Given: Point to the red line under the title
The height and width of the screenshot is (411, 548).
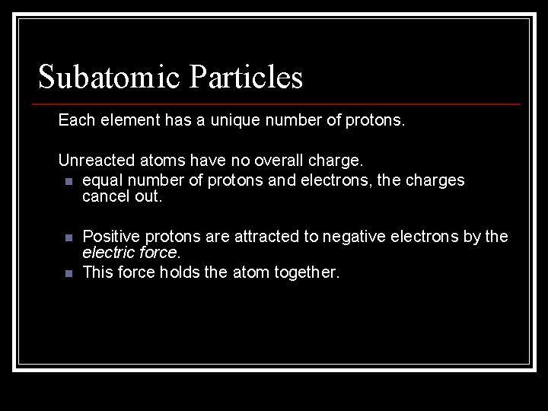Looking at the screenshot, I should [x=279, y=104].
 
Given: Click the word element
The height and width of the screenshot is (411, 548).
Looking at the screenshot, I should [x=130, y=119].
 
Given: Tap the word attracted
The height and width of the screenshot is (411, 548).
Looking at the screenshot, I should [x=269, y=237].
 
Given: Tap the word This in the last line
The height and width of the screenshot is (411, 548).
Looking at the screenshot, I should [x=97, y=272].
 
